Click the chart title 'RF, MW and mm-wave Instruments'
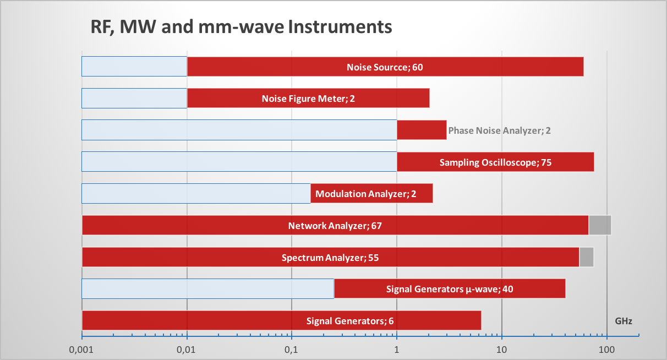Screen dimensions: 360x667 tap(241, 26)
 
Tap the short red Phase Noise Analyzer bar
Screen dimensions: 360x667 tap(422, 130)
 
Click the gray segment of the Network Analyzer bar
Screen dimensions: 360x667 tap(600, 225)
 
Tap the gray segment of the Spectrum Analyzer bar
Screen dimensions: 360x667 tap(587, 257)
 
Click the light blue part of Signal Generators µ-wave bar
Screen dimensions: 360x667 tap(208, 289)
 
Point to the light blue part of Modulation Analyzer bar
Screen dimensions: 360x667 tap(196, 194)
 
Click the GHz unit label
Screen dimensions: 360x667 tap(623, 321)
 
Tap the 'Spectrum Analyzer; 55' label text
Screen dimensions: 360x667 tap(330, 257)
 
